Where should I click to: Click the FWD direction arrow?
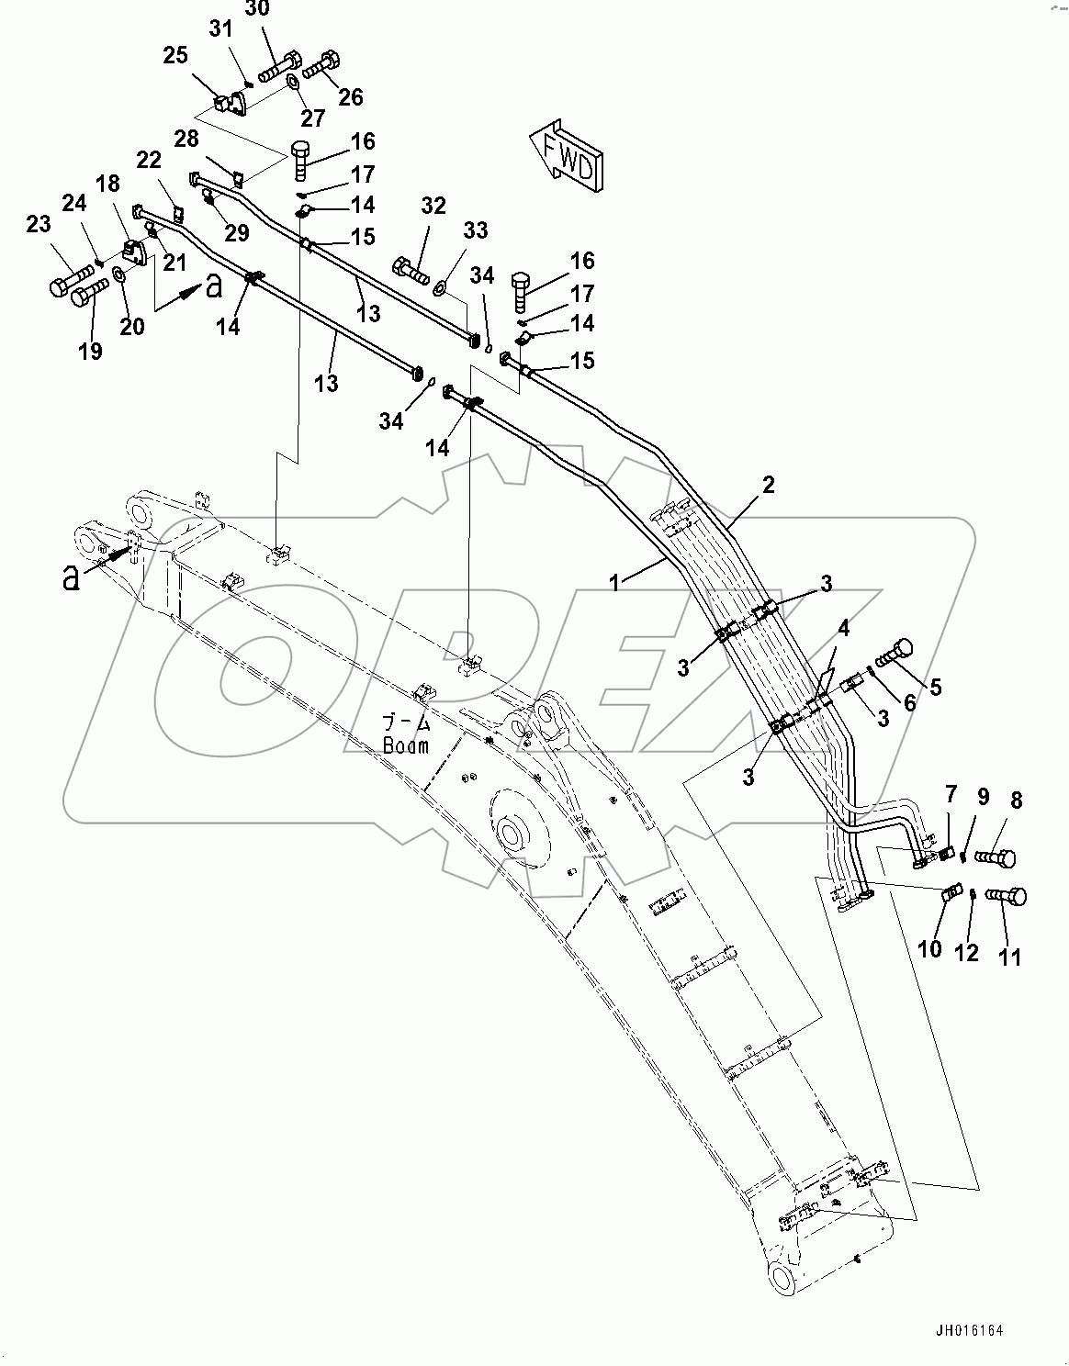(x=566, y=154)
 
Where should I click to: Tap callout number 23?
(x=38, y=224)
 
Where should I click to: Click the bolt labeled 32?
(x=411, y=269)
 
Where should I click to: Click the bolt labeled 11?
(x=1007, y=897)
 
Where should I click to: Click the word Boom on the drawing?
(x=405, y=745)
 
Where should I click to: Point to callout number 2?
(x=768, y=485)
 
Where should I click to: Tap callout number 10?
(x=930, y=947)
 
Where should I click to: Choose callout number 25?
(x=174, y=57)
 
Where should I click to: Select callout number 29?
(x=237, y=232)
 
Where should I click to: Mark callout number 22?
(x=149, y=161)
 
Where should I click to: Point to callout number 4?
(x=842, y=631)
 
